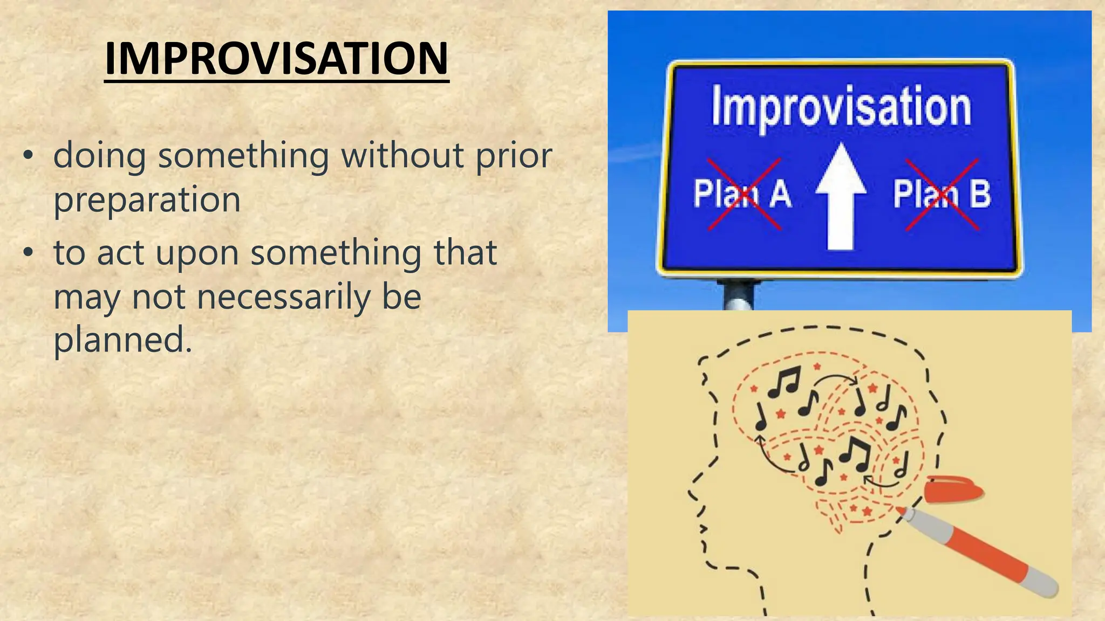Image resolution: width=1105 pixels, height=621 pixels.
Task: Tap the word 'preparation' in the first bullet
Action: pos(147,199)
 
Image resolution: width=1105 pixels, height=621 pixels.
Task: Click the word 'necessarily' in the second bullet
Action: pos(283,297)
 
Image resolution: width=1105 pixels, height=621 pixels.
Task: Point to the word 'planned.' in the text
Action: pos(123,340)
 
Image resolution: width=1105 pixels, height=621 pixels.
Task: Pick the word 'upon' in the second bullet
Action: pos(197,253)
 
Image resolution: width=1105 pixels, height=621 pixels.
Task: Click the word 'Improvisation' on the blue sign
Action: pos(841,107)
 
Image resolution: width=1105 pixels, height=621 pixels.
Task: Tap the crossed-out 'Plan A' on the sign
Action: pos(742,194)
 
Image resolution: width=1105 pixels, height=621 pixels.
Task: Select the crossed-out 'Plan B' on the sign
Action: pos(942,194)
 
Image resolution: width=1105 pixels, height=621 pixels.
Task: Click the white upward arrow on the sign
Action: pos(841,199)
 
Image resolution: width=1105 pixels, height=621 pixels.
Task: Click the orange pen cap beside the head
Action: pos(952,488)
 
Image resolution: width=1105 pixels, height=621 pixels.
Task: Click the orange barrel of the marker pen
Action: pos(982,553)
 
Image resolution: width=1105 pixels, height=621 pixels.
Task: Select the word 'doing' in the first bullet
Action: pos(99,156)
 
